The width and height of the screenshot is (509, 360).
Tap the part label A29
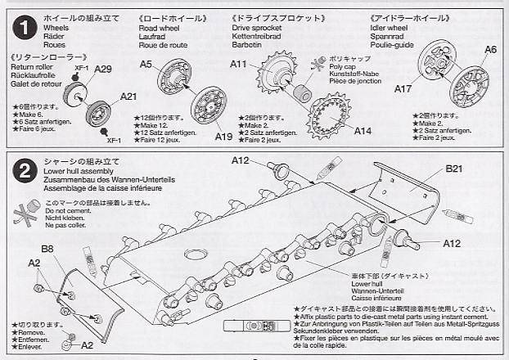point(103,70)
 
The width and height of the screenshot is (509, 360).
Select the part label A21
point(128,97)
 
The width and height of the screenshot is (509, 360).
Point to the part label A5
point(146,64)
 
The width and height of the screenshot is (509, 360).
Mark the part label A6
point(489,49)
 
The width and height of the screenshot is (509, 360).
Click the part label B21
point(457,170)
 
